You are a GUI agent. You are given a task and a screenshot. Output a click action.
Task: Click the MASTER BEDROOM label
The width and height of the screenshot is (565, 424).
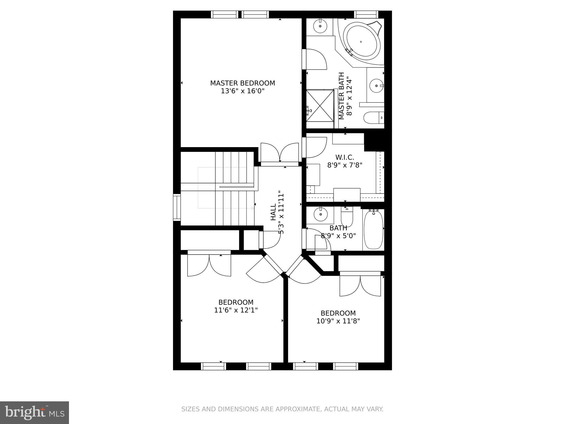click(x=242, y=83)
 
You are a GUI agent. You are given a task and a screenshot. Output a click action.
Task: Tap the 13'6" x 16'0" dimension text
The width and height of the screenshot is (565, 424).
click(x=242, y=91)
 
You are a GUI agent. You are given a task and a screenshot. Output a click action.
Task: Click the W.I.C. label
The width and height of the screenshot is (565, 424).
click(x=345, y=157)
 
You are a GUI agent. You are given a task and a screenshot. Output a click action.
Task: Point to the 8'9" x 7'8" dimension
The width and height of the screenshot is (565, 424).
click(x=345, y=165)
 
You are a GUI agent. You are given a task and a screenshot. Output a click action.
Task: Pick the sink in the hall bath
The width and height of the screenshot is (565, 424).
click(x=321, y=214)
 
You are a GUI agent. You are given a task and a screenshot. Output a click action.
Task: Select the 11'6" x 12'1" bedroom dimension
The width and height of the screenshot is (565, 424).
click(x=236, y=310)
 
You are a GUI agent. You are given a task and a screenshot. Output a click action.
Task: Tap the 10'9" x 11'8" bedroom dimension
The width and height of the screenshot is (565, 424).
click(x=338, y=321)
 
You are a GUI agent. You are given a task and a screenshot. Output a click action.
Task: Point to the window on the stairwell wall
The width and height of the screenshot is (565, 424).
click(x=177, y=207)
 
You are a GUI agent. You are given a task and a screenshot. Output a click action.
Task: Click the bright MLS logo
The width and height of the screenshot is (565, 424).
click(x=34, y=413)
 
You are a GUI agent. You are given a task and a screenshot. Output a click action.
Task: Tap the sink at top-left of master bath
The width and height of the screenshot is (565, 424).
click(x=320, y=26)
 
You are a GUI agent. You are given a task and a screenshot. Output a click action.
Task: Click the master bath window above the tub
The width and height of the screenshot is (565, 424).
click(x=366, y=14)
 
